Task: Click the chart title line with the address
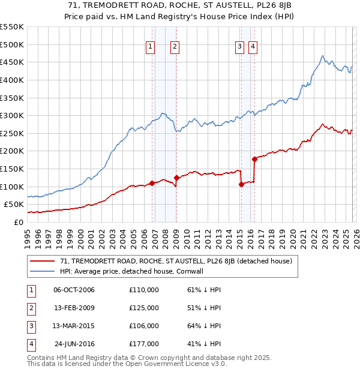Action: [x=180, y=6]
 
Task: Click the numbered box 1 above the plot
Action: [x=149, y=47]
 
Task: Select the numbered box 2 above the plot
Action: [x=175, y=47]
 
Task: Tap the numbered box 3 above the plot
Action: [x=239, y=47]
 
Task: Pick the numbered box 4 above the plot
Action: [x=253, y=47]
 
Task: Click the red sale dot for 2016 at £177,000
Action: [x=254, y=159]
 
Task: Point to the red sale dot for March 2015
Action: [x=241, y=184]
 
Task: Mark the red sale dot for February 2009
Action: [x=176, y=178]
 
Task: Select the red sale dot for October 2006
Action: [x=152, y=183]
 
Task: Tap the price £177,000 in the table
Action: [x=144, y=344]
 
